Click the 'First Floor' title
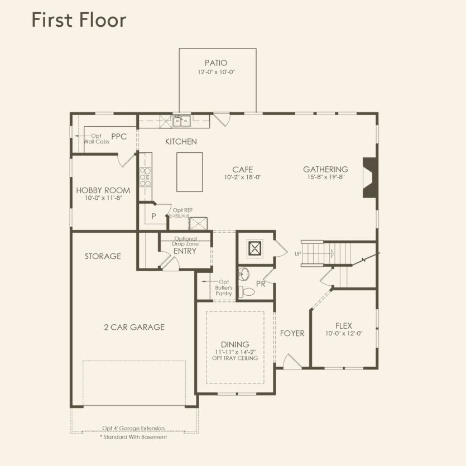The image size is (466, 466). (79, 20)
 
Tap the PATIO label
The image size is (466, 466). (216, 63)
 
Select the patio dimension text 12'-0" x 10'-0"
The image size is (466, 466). (216, 73)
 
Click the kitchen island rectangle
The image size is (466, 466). (189, 172)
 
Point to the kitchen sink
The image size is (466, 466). (181, 121)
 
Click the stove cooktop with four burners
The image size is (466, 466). (145, 177)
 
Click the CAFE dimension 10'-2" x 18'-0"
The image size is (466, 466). (243, 177)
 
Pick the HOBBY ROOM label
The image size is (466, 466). (103, 190)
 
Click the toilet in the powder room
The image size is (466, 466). (247, 291)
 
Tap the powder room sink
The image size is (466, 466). (243, 273)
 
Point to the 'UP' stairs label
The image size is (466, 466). (298, 254)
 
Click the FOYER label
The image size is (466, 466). (292, 333)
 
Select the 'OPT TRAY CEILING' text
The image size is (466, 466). (236, 358)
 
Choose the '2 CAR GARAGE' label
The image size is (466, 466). (134, 327)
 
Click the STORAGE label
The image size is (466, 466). (103, 256)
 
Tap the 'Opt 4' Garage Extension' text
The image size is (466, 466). (133, 428)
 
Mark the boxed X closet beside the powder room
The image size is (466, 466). (255, 249)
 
